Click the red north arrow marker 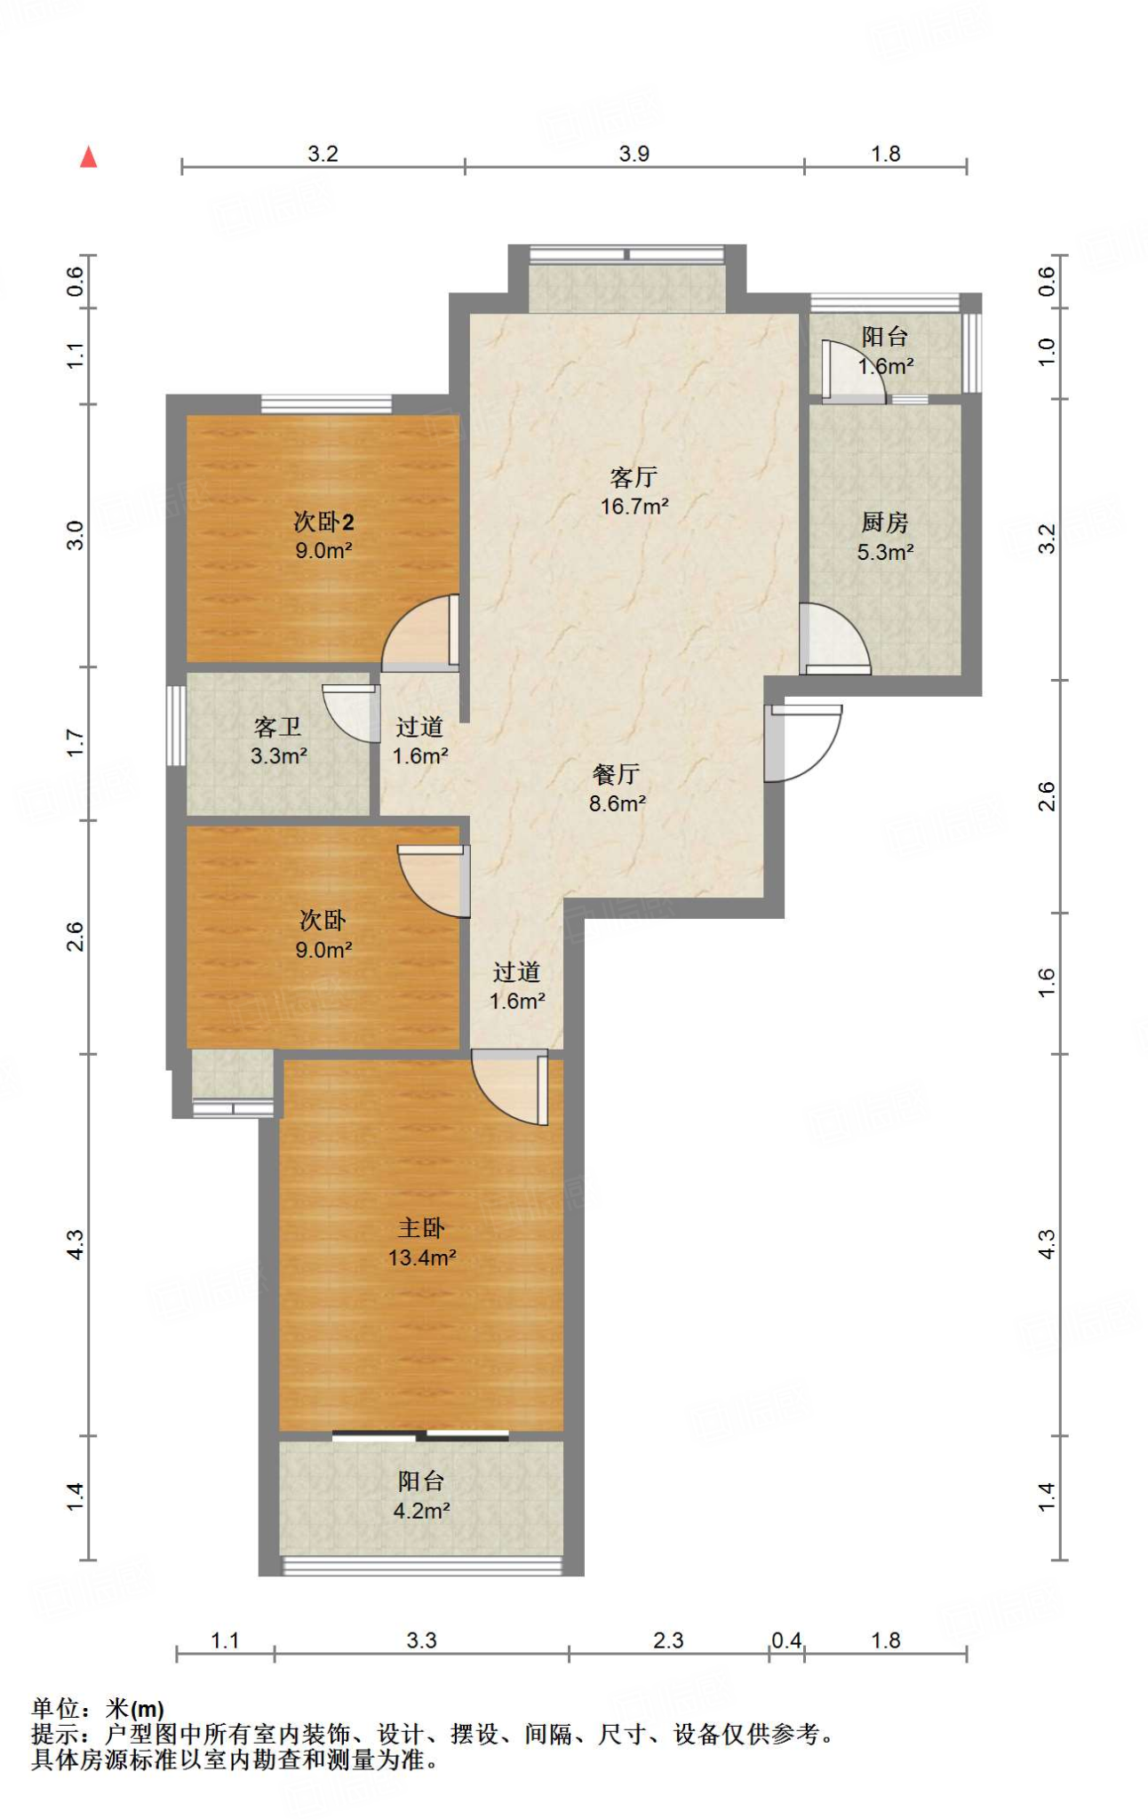(88, 157)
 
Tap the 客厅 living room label (634, 478)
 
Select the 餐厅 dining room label (616, 775)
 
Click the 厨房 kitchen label (885, 523)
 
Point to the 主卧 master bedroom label (421, 1228)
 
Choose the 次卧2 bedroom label (323, 522)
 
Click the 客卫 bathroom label (278, 728)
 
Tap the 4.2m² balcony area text (422, 1511)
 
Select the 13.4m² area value (422, 1257)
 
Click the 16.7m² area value (634, 507)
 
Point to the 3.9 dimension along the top (634, 154)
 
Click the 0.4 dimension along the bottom (786, 1640)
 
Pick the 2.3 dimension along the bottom (668, 1640)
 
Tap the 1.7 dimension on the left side (76, 743)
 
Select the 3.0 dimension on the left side (76, 536)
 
